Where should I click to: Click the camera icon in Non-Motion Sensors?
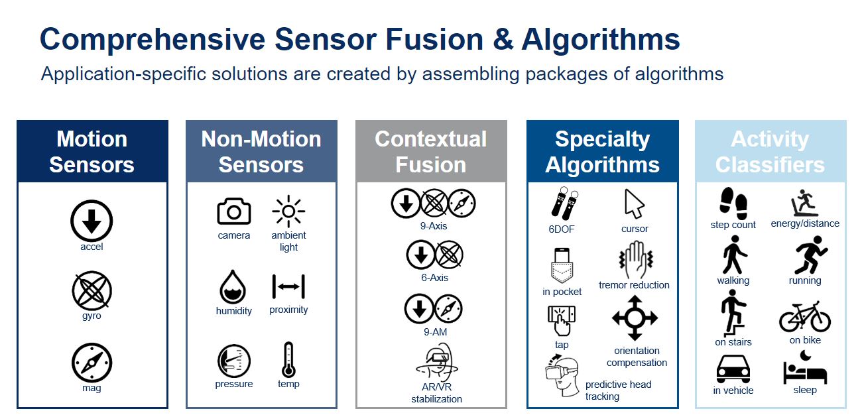[234, 211]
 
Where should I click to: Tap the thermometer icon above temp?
[288, 360]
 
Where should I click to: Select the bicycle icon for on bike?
[805, 317]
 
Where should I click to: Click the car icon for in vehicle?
[733, 369]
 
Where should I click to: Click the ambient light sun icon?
[288, 211]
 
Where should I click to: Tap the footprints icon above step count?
[733, 203]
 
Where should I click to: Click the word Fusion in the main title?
[434, 39]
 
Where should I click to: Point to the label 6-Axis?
[434, 277]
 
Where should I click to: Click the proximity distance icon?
[288, 286]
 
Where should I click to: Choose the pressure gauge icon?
[234, 361]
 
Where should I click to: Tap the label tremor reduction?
[634, 285]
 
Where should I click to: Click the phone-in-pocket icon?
[562, 265]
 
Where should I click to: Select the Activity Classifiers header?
[770, 152]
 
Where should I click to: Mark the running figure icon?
[810, 255]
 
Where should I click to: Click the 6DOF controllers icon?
[564, 203]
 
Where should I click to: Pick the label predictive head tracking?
[618, 390]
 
